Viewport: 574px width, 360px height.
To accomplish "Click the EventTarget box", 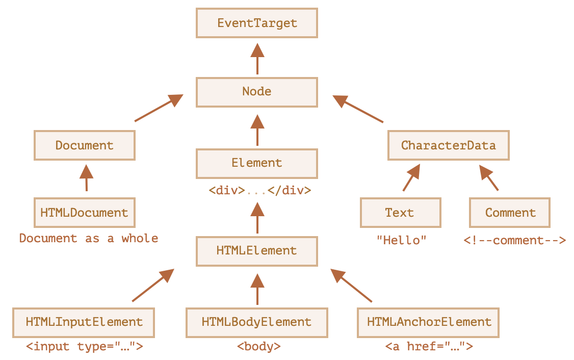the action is point(256,23).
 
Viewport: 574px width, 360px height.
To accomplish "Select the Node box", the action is point(256,92).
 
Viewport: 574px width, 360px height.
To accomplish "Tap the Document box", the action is point(85,145).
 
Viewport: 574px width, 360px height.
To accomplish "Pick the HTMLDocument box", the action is point(85,213).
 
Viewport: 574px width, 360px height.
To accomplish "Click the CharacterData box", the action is point(449,145).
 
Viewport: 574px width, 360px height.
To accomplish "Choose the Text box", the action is point(401,213).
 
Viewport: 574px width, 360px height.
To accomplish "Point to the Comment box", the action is point(510,213).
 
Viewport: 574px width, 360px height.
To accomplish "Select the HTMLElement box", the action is point(256,251).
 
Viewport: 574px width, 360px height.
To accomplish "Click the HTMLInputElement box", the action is point(84,323).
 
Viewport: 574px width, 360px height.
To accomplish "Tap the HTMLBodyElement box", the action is point(256,323).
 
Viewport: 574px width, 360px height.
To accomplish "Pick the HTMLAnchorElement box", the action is point(428,323).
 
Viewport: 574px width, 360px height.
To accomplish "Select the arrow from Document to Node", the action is point(159,108).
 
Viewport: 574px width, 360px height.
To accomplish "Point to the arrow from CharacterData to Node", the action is point(358,109).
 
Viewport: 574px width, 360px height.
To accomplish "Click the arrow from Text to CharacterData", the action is point(411,177).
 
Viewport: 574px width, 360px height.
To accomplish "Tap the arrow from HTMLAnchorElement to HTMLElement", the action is point(351,285).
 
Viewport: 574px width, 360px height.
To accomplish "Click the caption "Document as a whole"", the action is point(89,239).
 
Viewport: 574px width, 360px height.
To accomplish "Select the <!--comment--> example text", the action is point(515,240).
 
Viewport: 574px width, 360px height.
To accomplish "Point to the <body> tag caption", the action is point(259,346).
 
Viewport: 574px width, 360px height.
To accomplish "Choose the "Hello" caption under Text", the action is point(402,240).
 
